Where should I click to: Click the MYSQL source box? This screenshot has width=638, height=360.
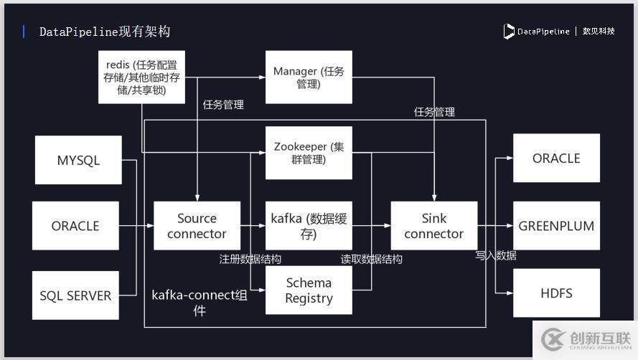tap(78, 160)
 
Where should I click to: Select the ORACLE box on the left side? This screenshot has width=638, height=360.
tap(75, 226)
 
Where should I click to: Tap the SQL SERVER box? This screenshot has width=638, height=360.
tap(75, 295)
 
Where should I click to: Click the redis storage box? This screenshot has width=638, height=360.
tap(141, 77)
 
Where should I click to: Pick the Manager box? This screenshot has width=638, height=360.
tap(309, 77)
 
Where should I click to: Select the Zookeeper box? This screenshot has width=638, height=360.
tap(309, 153)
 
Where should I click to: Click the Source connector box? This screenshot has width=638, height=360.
tap(197, 226)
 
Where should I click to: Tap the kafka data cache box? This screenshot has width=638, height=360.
tap(309, 226)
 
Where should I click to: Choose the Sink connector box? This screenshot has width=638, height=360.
tap(433, 226)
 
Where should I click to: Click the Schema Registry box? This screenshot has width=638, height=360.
tap(309, 290)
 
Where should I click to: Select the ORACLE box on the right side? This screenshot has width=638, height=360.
tap(556, 158)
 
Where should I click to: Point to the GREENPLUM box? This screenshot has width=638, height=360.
tap(556, 226)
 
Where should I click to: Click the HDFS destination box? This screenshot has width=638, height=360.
tap(556, 293)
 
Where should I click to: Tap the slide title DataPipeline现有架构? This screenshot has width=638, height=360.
tap(104, 32)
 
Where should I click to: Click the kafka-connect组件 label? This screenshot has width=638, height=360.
tap(199, 302)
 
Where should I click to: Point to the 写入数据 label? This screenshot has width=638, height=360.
tap(496, 255)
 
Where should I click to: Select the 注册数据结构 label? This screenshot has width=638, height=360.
tap(250, 259)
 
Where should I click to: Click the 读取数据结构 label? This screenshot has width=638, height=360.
tap(371, 259)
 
